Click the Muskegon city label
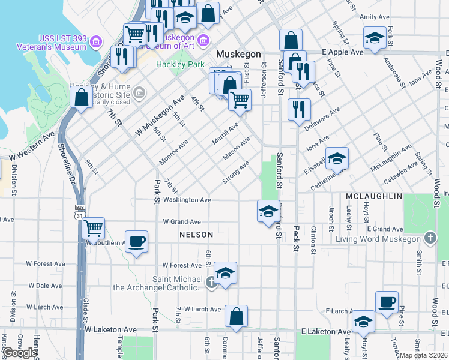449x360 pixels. pyautogui.click(x=238, y=54)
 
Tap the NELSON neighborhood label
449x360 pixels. pyautogui.click(x=196, y=235)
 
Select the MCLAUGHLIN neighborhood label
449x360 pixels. pyautogui.click(x=373, y=196)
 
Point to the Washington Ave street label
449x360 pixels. pyautogui.click(x=186, y=200)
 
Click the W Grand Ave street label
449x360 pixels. pyautogui.click(x=182, y=221)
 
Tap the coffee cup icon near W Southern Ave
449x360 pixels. pyautogui.click(x=136, y=241)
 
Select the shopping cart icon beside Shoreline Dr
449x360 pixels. pyautogui.click(x=93, y=228)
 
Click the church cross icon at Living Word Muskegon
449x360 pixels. pyautogui.click(x=429, y=239)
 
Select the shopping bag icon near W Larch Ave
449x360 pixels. pyautogui.click(x=237, y=316)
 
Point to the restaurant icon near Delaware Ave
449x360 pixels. pyautogui.click(x=298, y=109)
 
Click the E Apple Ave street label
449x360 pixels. pyautogui.click(x=343, y=52)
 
